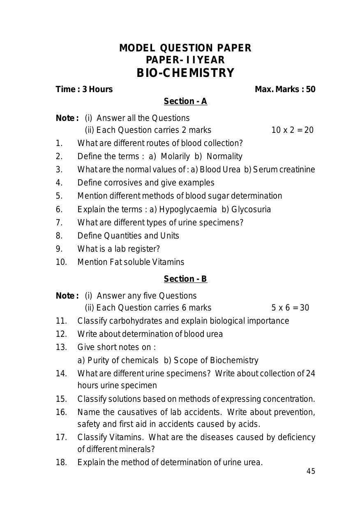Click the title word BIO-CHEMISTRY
coord(185,73)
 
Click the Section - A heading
coord(185,102)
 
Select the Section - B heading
coord(185,279)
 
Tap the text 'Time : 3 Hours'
coord(84,89)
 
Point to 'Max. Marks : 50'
coord(285,89)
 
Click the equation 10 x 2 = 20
coord(292,130)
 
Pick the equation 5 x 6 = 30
coord(290,308)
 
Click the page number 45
coord(311,472)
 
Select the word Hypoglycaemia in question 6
coord(188,209)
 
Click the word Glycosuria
coord(251,209)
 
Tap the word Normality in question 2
coord(224,157)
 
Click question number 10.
coord(61,262)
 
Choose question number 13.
coord(61,348)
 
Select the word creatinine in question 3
coord(297,169)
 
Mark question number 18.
coord(61,463)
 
